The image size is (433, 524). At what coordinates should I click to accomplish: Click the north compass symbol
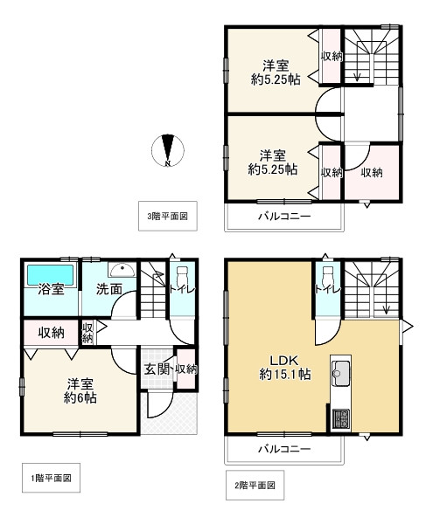tap(170, 150)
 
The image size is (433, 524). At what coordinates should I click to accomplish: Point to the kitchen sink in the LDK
tap(339, 375)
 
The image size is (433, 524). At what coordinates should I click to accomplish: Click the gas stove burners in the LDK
tap(339, 418)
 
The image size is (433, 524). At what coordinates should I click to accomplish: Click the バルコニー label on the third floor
tap(283, 215)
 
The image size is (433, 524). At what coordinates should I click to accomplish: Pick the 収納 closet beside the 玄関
tap(185, 369)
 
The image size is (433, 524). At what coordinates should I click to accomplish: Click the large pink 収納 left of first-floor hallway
tap(51, 333)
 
